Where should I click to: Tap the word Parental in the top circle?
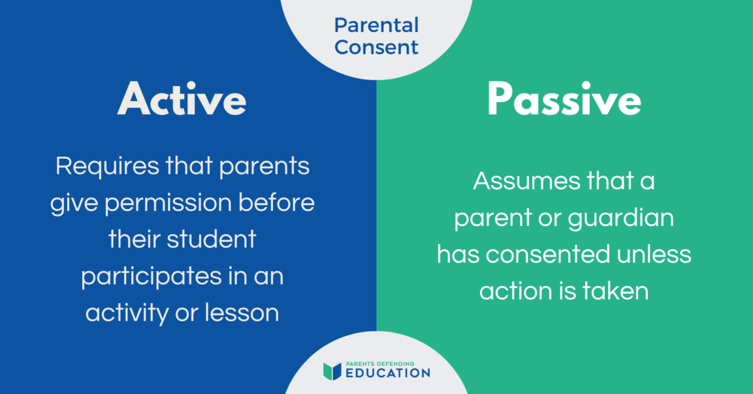pos(376,26)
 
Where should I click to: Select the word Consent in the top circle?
pos(376,47)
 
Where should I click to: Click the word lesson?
pos(242,312)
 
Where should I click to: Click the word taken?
pos(615,292)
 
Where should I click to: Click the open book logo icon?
pos(332,371)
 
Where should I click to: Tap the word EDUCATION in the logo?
pos(389,374)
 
